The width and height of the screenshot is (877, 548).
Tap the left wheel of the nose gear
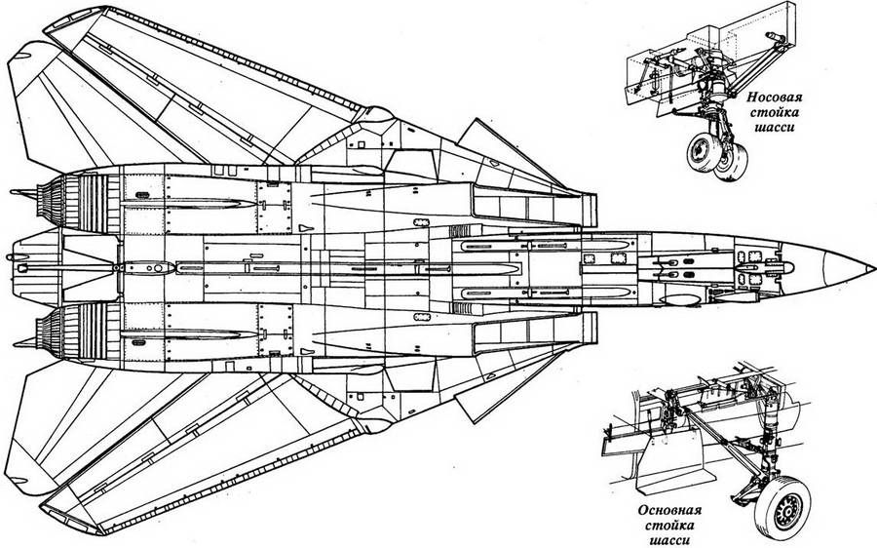[701, 154]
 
